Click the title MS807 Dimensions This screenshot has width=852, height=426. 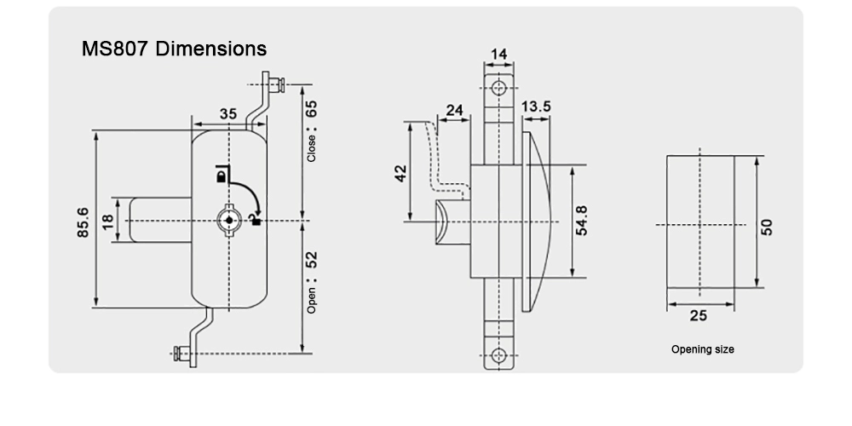click(174, 49)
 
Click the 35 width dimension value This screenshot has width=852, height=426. click(227, 114)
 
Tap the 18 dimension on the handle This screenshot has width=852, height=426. click(107, 221)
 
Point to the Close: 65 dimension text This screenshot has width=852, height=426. click(312, 131)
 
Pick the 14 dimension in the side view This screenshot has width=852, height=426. click(499, 55)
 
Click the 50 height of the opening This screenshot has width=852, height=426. click(767, 227)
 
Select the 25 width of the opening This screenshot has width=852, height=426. click(698, 316)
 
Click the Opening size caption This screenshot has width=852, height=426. click(702, 349)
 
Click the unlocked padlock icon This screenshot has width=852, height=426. click(254, 220)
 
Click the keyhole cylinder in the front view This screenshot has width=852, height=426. click(227, 220)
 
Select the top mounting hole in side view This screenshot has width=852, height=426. click(500, 88)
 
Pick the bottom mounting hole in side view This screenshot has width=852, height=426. click(500, 354)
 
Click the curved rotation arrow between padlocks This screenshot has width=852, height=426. click(247, 193)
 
